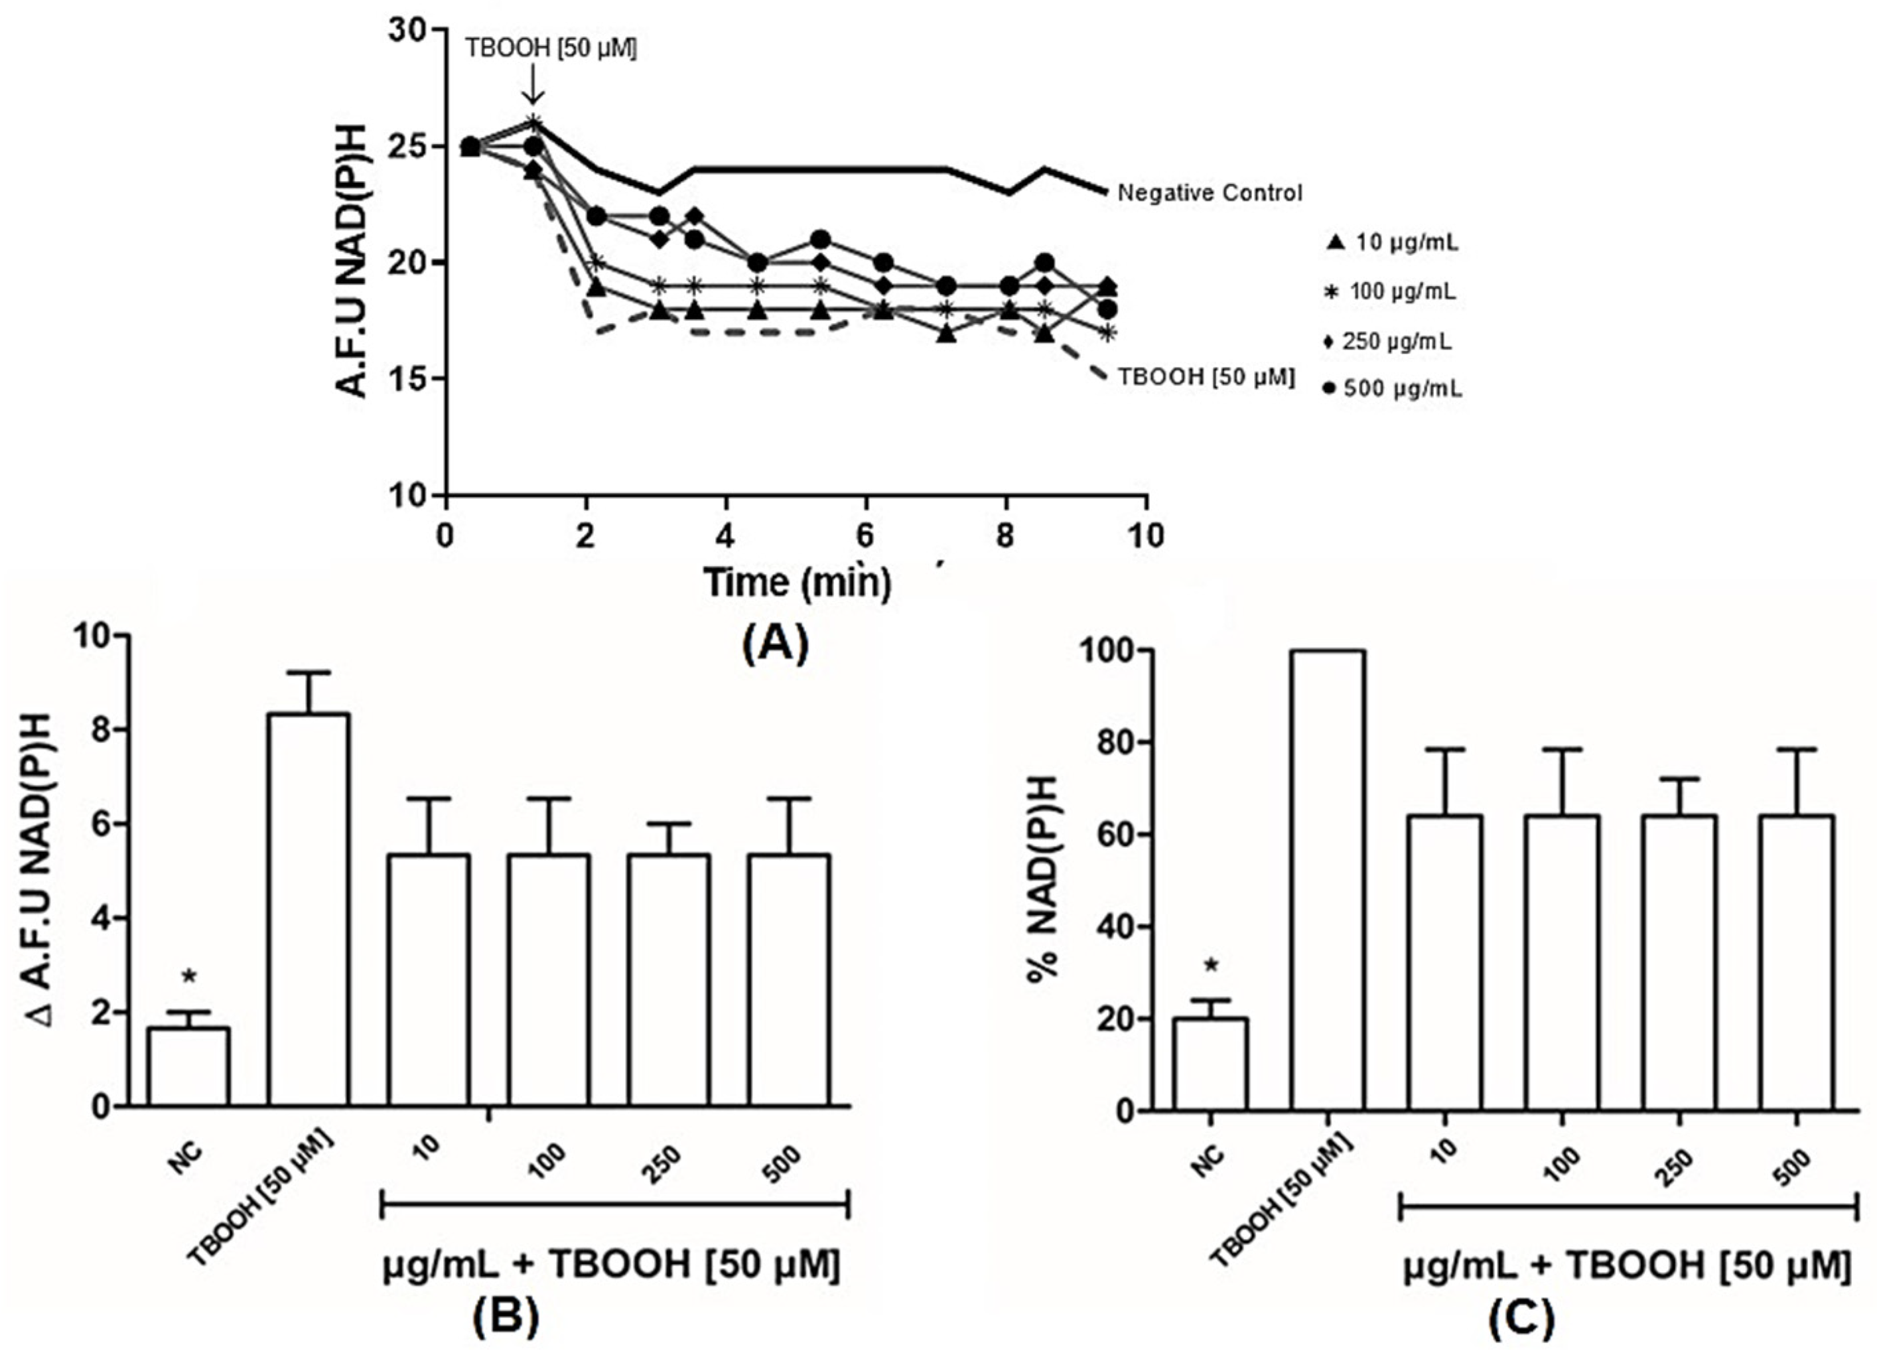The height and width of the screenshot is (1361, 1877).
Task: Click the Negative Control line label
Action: point(1209,193)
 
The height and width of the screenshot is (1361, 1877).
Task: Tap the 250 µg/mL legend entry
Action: point(1389,340)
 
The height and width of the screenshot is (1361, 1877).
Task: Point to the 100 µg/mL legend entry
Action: point(1391,291)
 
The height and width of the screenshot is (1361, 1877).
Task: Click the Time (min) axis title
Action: point(798,582)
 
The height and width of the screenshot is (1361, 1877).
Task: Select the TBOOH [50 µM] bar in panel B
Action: point(308,909)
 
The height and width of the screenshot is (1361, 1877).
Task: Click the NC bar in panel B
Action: point(188,1066)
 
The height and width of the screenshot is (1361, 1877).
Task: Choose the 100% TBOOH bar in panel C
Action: point(1328,880)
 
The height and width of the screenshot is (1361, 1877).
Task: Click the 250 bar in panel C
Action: point(1679,963)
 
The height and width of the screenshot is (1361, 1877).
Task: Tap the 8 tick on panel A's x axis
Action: point(1005,536)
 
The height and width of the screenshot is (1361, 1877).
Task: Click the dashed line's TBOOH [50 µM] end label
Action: point(1206,377)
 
